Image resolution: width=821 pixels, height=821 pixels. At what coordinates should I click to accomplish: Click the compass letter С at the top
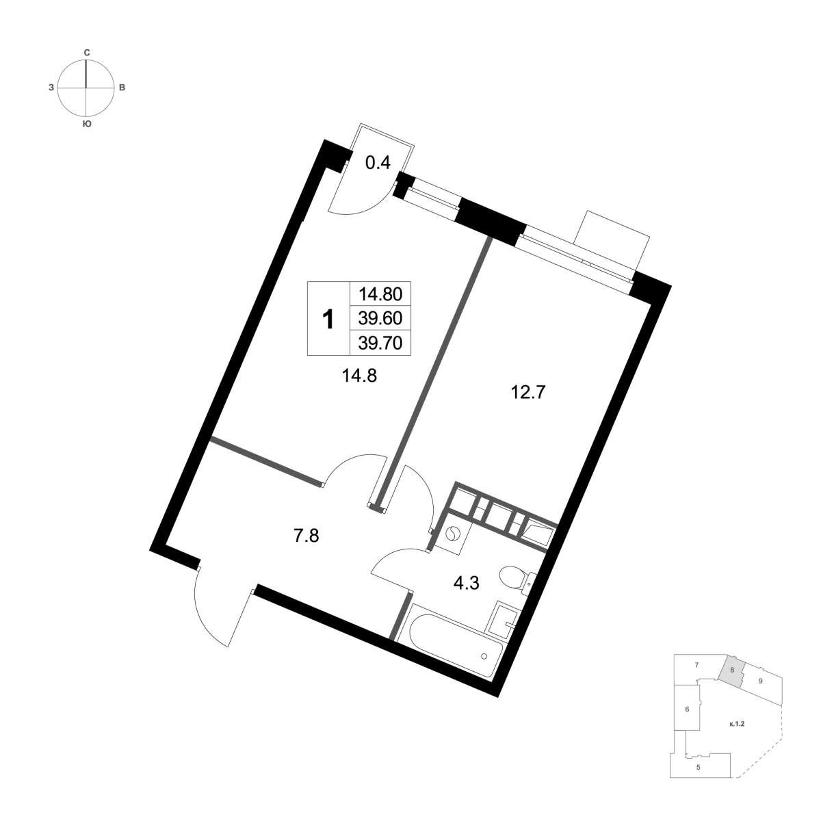tap(86, 53)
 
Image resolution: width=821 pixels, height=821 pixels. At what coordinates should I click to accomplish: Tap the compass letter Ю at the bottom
tap(86, 124)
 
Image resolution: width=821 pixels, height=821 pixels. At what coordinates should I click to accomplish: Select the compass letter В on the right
tap(122, 88)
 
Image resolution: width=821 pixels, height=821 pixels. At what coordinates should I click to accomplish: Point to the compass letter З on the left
tap(51, 88)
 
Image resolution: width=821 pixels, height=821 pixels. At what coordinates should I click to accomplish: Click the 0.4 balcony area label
tap(378, 163)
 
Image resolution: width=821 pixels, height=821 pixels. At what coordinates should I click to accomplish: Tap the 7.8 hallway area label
tap(307, 536)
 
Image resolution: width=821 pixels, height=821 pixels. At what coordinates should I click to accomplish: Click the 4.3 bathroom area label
tap(467, 584)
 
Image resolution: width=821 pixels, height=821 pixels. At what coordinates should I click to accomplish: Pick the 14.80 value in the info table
tap(380, 294)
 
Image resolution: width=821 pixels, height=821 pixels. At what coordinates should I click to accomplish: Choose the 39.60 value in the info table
tap(380, 318)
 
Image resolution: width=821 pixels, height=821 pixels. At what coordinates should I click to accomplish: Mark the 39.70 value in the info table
tap(380, 343)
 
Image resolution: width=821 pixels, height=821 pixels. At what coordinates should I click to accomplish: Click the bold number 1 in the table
tap(328, 320)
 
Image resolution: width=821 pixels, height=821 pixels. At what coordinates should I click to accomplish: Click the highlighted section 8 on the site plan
tap(733, 681)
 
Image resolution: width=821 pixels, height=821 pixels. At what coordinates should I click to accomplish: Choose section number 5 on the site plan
tap(698, 779)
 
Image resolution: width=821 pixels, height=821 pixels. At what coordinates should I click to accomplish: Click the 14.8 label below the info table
tap(360, 376)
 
